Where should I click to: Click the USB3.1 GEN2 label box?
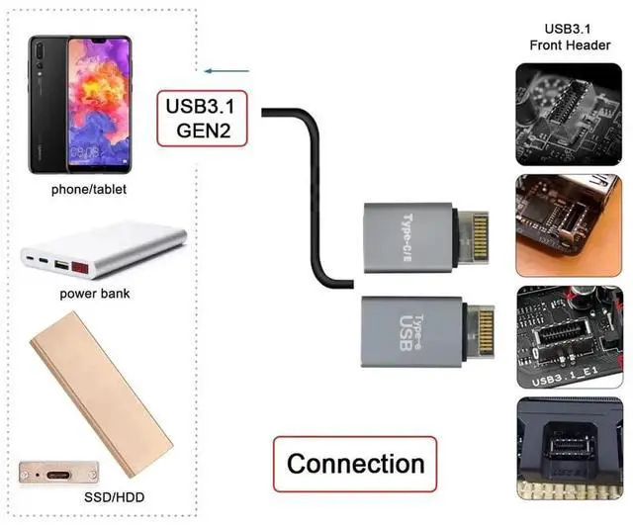[202, 118]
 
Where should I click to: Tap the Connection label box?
[355, 464]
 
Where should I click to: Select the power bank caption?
[94, 294]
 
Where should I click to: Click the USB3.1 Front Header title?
[569, 37]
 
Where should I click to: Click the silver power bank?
[104, 249]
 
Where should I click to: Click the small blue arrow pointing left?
[225, 71]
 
